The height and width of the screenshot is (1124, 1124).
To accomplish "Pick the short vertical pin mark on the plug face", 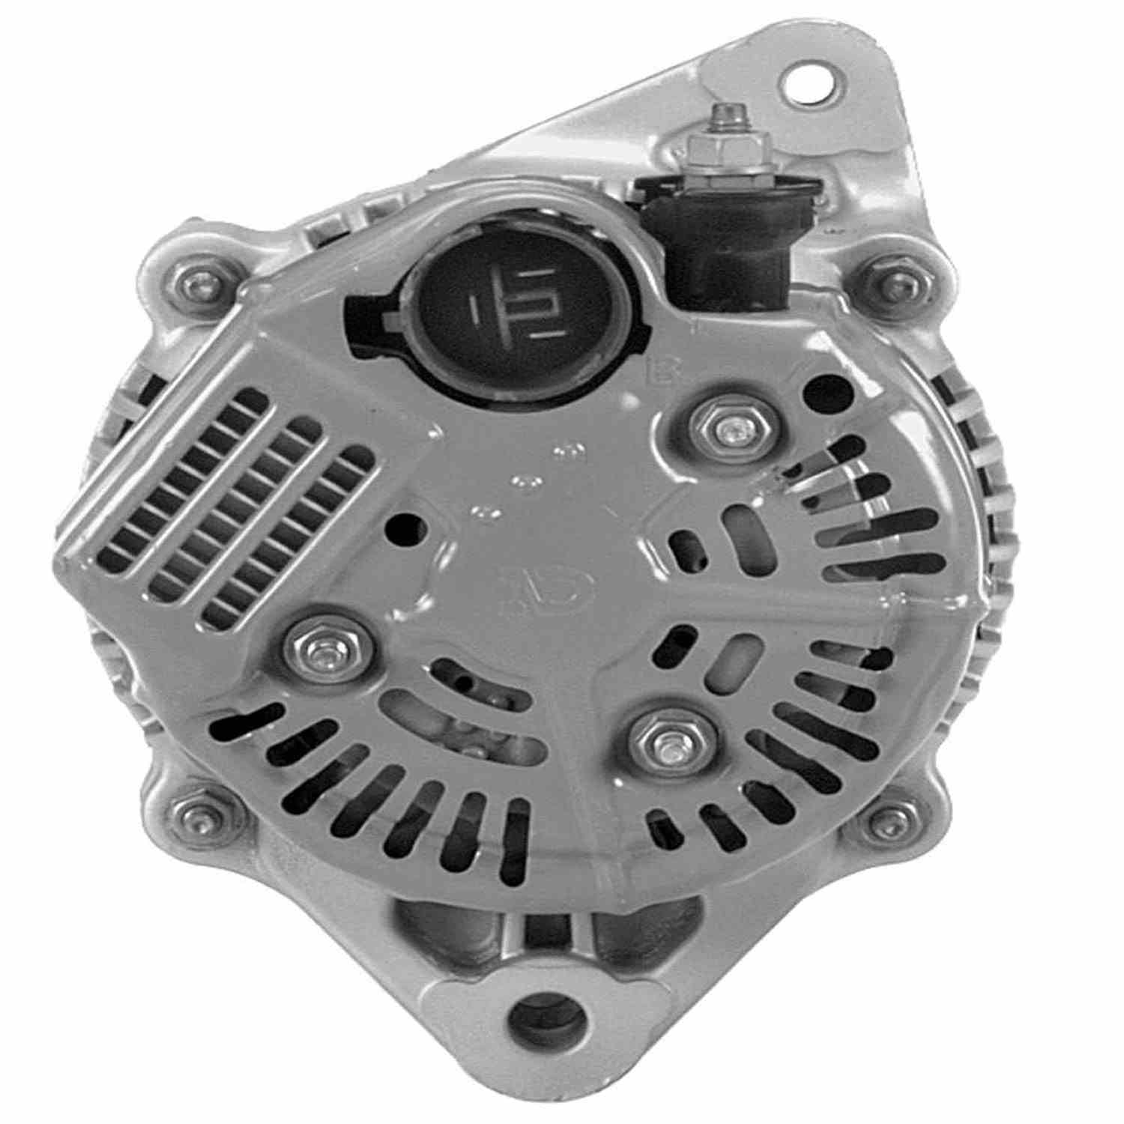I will point(476,309).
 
